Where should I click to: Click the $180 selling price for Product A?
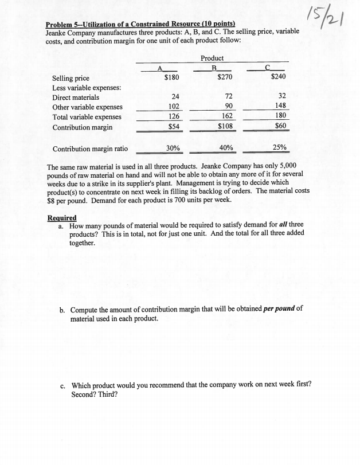pos(172,77)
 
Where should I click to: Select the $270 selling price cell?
pos(226,77)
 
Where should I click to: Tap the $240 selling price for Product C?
pos(278,77)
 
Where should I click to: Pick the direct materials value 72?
pos(228,97)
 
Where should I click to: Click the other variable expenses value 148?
pos(280,107)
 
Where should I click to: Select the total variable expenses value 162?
pos(227,116)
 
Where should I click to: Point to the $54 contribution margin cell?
pos(173,127)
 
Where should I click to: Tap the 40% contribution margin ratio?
pos(226,148)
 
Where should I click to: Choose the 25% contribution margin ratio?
pos(280,148)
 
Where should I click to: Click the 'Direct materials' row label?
pos(76,97)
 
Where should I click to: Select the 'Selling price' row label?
pos(71,77)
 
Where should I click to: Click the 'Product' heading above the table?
pos(212,58)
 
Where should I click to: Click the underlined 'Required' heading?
pos(61,218)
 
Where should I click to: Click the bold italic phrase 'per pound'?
pos(279,308)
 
